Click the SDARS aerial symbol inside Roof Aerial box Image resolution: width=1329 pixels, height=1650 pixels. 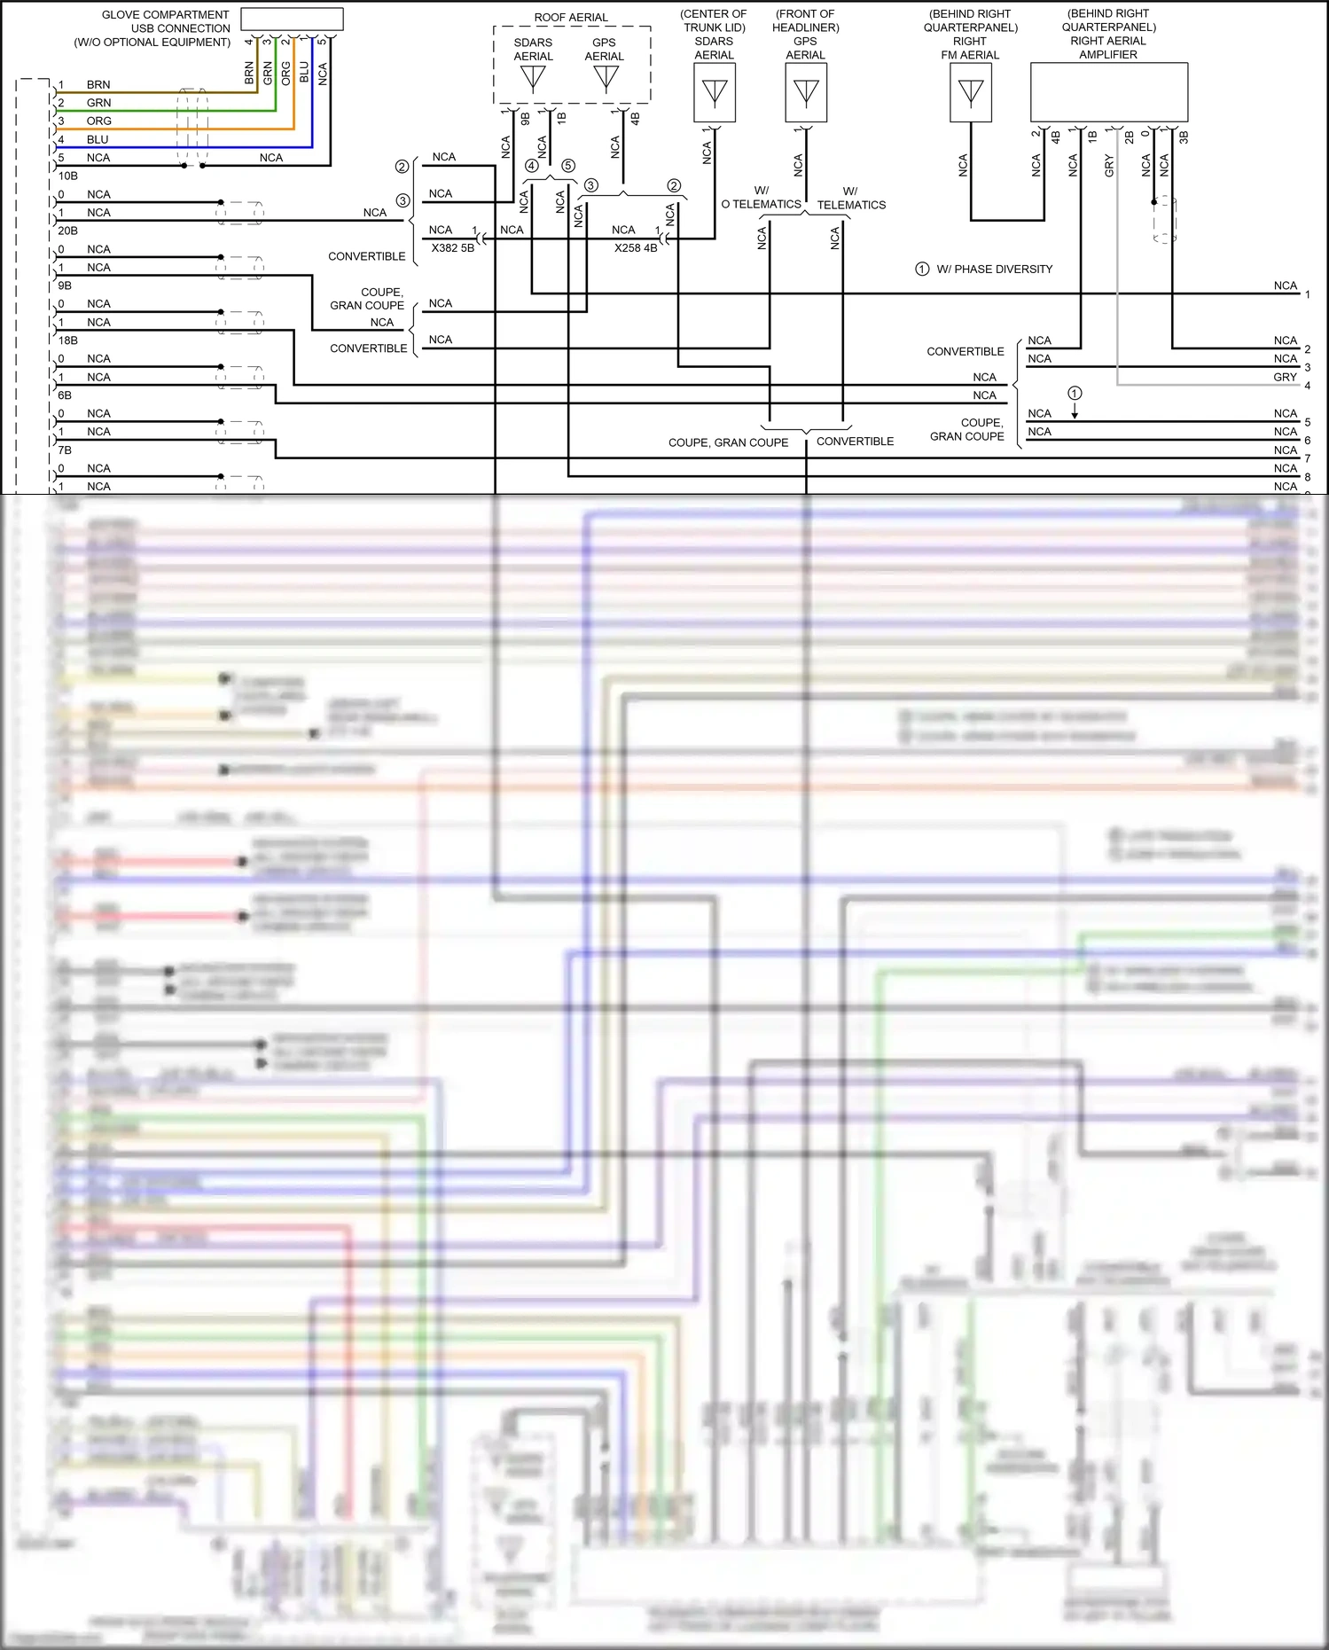click(x=533, y=78)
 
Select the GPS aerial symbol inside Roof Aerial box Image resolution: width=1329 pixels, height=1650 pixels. click(x=606, y=78)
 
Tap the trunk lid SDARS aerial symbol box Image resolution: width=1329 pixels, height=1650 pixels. click(x=714, y=92)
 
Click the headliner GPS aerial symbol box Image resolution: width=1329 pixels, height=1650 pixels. click(x=806, y=92)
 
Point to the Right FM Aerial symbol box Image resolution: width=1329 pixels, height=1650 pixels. click(x=971, y=92)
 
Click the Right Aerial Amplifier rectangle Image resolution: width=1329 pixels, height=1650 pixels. click(x=1108, y=91)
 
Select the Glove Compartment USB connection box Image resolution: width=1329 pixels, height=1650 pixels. click(x=292, y=19)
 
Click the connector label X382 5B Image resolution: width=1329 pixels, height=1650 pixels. click(x=452, y=248)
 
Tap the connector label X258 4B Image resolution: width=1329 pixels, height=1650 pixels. click(x=636, y=248)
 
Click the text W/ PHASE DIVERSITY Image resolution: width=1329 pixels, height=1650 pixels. click(x=994, y=269)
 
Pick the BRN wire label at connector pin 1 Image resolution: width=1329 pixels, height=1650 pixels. click(x=98, y=85)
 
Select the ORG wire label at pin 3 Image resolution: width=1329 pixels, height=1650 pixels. click(x=98, y=121)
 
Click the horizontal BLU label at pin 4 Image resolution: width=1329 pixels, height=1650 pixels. click(x=98, y=140)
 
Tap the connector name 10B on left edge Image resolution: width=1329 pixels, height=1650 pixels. click(x=68, y=176)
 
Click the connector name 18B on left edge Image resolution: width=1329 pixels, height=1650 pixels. click(x=68, y=340)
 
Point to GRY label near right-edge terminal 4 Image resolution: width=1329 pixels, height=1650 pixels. click(x=1285, y=378)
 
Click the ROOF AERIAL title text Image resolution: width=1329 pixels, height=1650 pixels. click(x=571, y=18)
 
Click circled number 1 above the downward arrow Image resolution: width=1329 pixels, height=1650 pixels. click(x=1075, y=393)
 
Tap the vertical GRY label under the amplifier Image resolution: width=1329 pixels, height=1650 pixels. click(x=1109, y=166)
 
